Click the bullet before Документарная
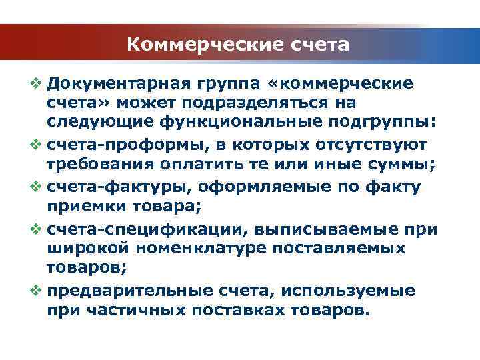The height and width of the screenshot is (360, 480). tap(37, 84)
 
